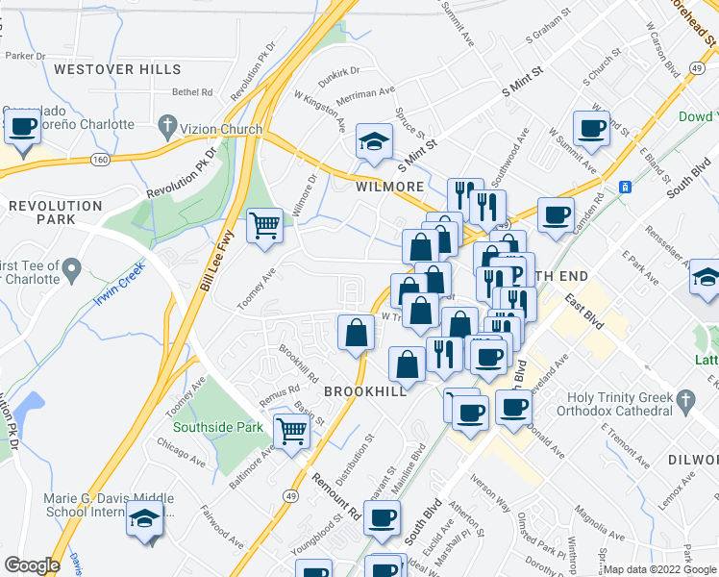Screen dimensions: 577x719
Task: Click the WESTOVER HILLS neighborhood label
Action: (x=117, y=69)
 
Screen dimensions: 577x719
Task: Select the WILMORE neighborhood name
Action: (x=390, y=187)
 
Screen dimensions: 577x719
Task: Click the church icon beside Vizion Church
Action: (x=167, y=126)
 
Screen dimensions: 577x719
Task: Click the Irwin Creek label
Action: (x=118, y=283)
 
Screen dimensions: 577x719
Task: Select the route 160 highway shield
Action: (x=100, y=159)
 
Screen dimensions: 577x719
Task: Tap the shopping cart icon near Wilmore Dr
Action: (x=264, y=226)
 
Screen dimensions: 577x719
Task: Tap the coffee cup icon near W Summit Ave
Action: (x=591, y=127)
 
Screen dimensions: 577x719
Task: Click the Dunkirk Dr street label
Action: (x=339, y=70)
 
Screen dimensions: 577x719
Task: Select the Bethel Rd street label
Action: (x=192, y=92)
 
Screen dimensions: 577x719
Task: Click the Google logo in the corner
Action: (x=32, y=565)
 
